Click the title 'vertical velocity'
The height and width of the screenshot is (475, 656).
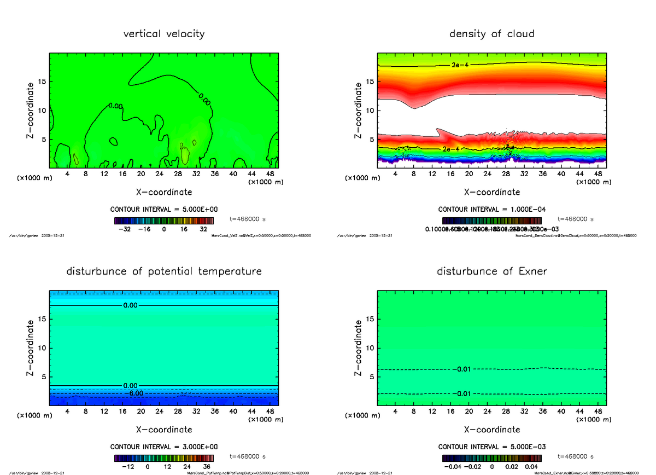tap(164, 34)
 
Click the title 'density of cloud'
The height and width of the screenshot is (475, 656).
tap(491, 34)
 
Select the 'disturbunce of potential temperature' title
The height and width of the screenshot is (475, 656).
tap(164, 271)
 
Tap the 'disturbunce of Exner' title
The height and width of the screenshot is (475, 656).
tap(491, 271)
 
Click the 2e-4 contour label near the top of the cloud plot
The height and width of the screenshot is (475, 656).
tap(460, 65)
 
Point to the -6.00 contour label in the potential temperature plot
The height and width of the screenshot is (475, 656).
tap(133, 393)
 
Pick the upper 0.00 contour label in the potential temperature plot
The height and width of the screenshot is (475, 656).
tap(130, 305)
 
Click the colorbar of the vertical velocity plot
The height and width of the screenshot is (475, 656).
tap(163, 221)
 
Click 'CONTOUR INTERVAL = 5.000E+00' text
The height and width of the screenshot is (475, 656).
tap(163, 210)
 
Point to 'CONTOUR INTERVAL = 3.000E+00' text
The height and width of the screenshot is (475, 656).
tap(163, 447)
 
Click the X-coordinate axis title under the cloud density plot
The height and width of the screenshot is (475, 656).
tap(491, 192)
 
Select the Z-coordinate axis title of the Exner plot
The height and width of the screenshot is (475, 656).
tap(359, 348)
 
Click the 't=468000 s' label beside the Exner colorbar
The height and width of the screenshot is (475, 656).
tap(576, 456)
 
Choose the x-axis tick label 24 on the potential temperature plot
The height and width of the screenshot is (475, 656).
tap(159, 411)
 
